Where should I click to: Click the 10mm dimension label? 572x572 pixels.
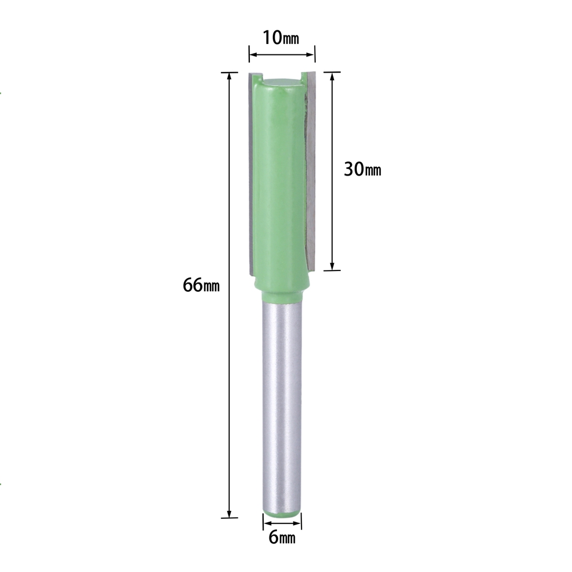(281, 38)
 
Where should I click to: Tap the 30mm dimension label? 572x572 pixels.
(362, 170)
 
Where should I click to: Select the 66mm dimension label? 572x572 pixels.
(201, 285)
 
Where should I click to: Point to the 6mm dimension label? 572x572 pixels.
(281, 537)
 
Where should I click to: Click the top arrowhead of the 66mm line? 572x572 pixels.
(229, 77)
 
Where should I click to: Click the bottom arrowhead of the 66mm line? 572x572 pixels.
(229, 513)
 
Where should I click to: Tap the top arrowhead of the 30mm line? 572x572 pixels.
(332, 76)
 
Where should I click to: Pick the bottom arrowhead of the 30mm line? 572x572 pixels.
(332, 266)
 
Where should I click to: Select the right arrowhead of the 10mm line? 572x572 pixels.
(310, 55)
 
